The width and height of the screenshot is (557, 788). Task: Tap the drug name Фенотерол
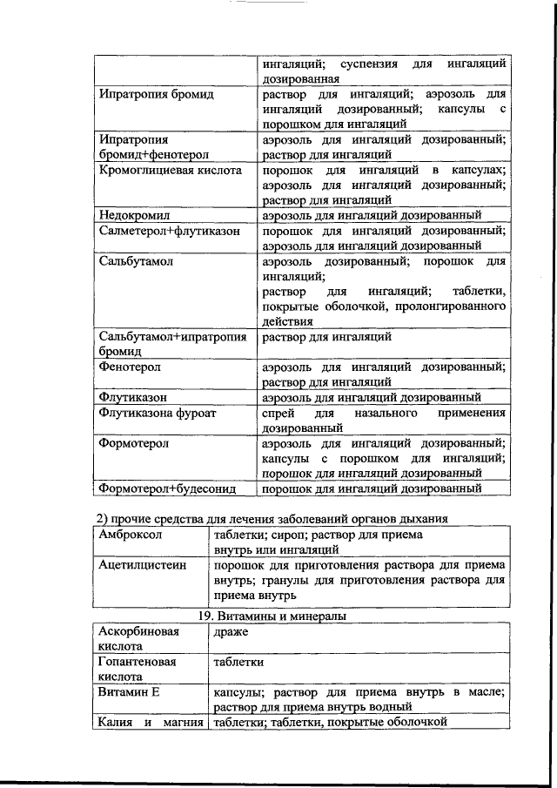tap(130, 367)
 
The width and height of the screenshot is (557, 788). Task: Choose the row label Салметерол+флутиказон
tap(171, 231)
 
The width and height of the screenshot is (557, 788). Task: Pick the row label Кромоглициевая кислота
tap(170, 170)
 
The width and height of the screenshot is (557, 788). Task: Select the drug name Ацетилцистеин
tap(142, 565)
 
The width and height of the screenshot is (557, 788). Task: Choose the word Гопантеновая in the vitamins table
tap(138, 661)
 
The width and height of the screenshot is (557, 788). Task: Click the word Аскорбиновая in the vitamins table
tap(139, 630)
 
